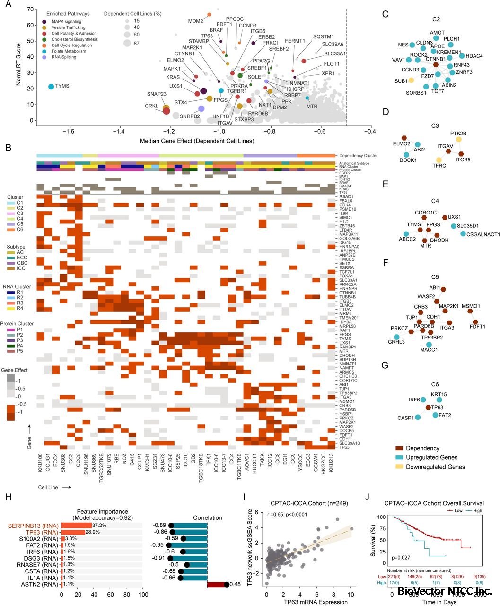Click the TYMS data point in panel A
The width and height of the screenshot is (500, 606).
(51, 86)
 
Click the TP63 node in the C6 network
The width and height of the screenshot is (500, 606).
(428, 407)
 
